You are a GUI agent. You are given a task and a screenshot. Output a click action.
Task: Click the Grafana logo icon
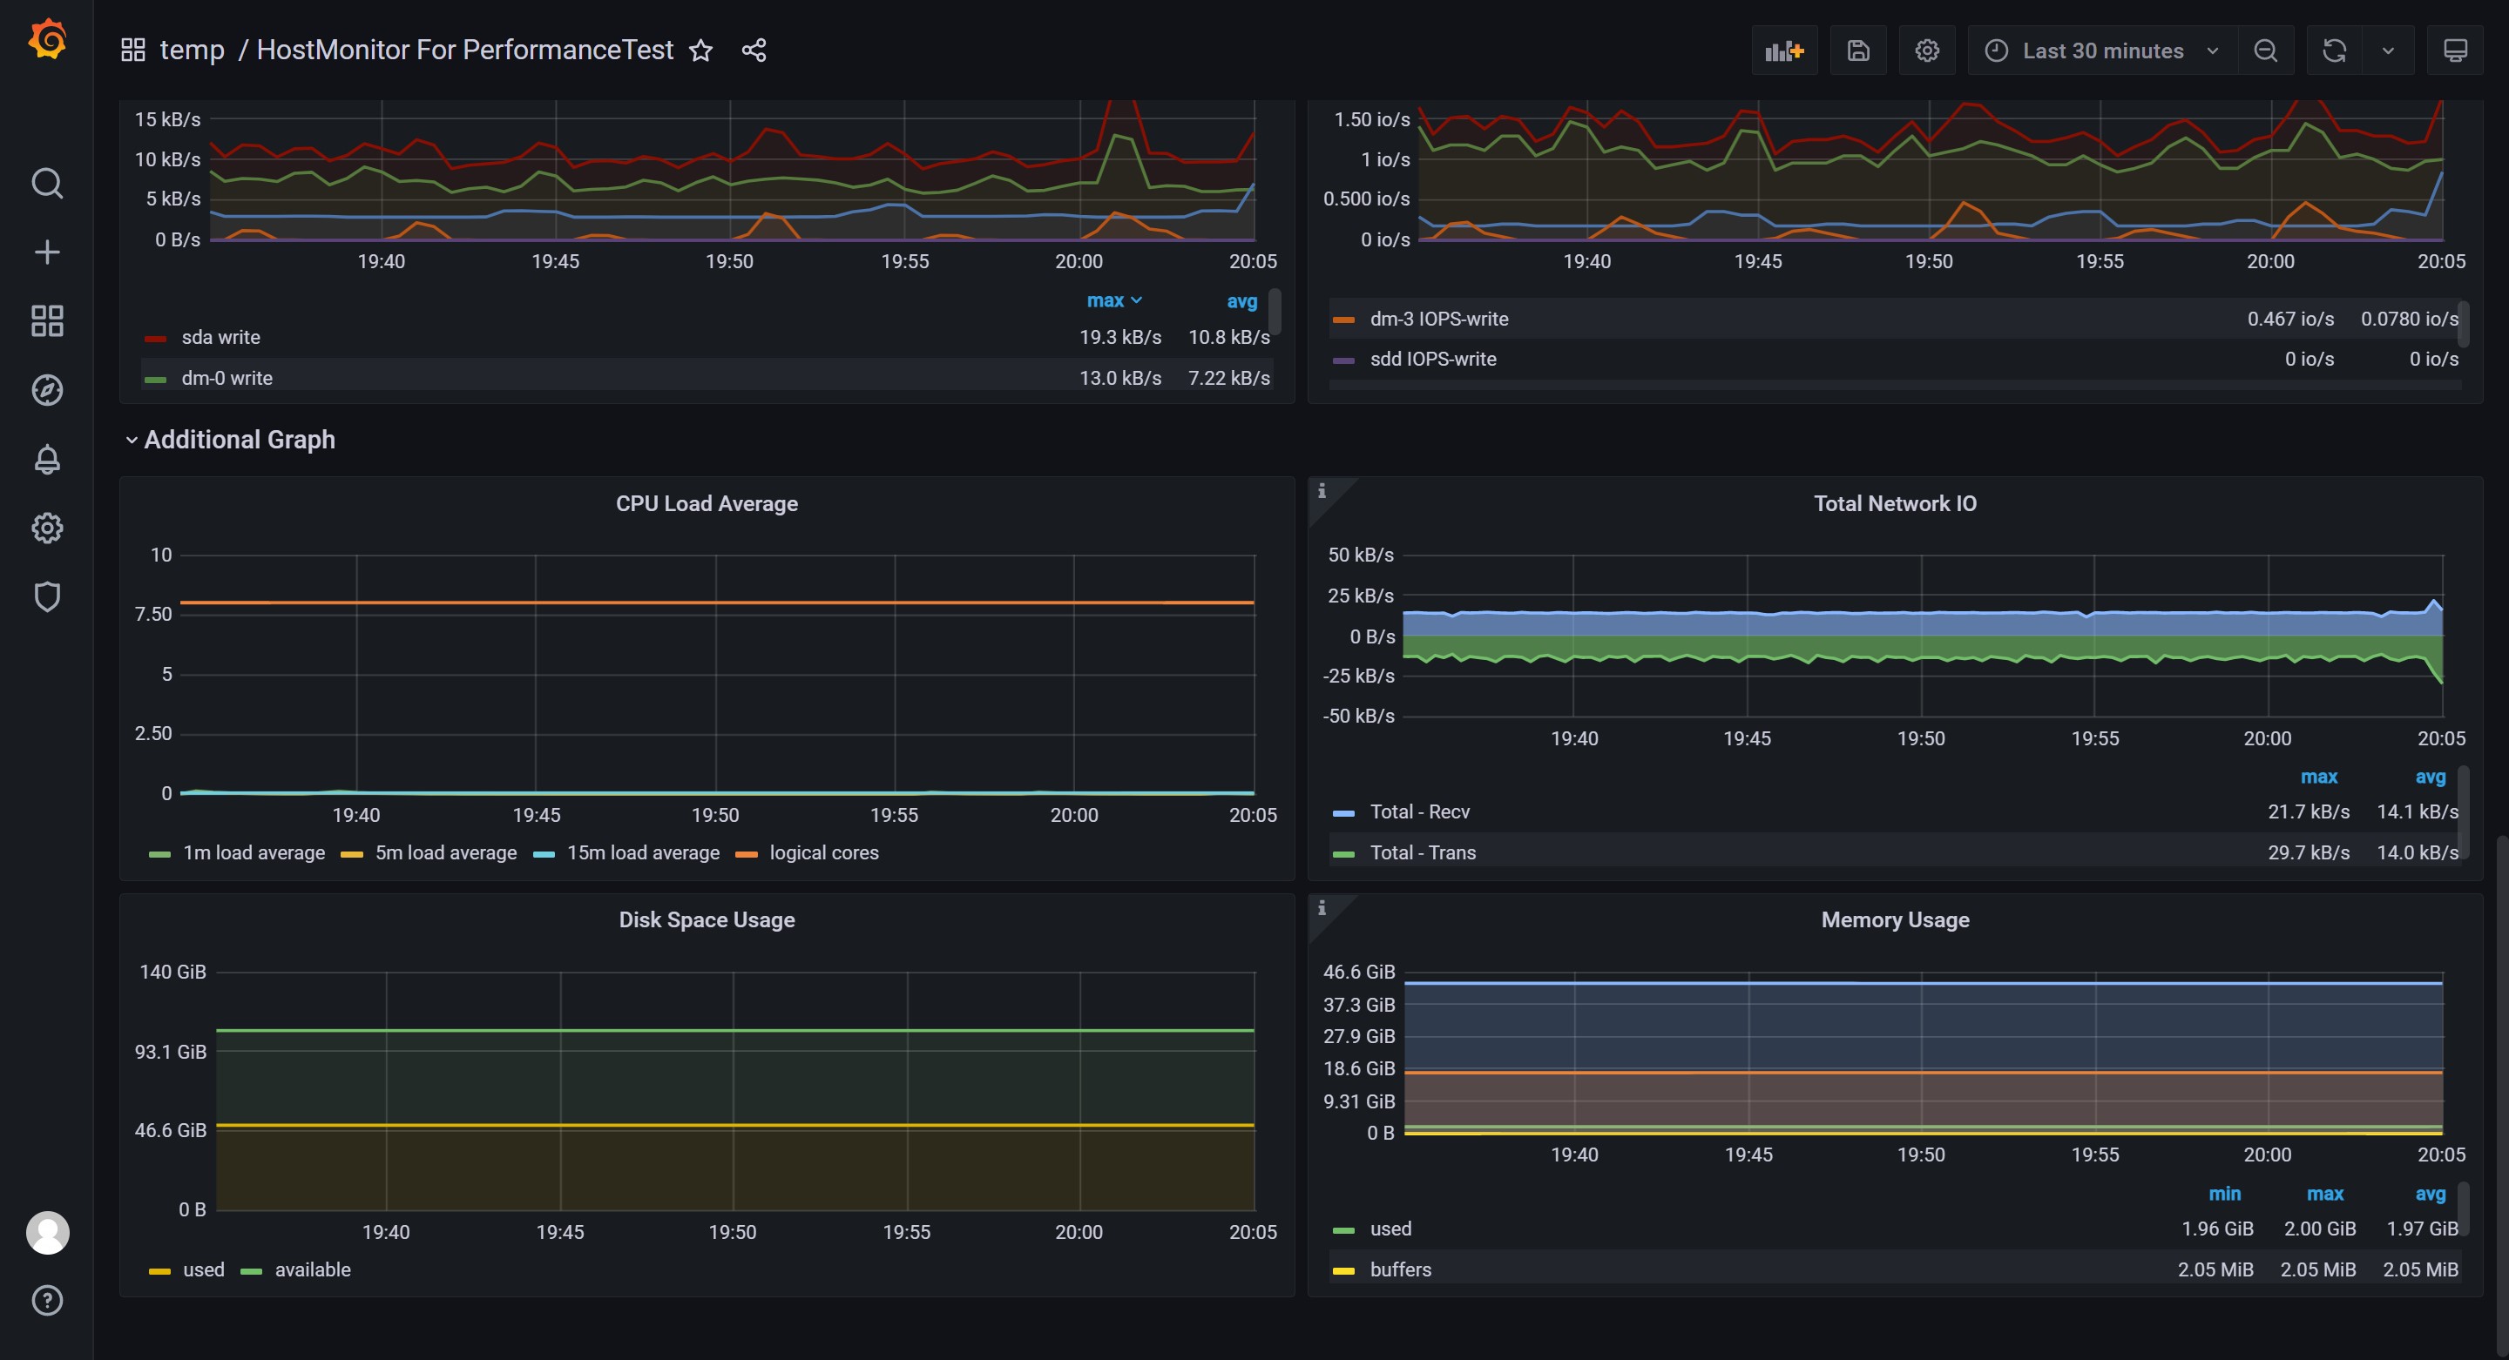pos(47,41)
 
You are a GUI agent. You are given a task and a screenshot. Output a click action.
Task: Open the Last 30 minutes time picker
pos(2103,50)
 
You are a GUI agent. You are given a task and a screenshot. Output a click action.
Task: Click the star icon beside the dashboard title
pos(701,50)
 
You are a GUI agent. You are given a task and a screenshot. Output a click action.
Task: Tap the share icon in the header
pos(754,50)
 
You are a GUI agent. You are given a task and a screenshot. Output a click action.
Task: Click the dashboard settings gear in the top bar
pos(1926,50)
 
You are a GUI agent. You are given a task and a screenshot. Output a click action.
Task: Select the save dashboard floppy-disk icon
pos(1858,50)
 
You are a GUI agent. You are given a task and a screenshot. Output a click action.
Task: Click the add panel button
pos(1784,50)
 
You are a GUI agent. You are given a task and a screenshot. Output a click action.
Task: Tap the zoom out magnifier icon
pos(2265,50)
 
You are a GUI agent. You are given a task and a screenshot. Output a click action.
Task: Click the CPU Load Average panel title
pos(707,503)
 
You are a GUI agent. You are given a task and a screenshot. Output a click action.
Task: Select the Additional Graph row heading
pos(240,440)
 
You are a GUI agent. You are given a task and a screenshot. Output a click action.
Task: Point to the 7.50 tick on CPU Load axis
pos(153,615)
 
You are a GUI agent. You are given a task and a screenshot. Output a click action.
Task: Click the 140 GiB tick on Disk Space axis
pos(172,972)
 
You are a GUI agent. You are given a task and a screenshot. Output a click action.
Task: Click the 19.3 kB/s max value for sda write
pos(1120,337)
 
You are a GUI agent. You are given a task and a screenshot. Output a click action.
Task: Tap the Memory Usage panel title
pos(1896,920)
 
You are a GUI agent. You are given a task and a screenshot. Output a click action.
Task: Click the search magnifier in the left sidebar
pos(47,183)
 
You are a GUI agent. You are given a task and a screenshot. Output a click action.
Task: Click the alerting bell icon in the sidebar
pos(47,460)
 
